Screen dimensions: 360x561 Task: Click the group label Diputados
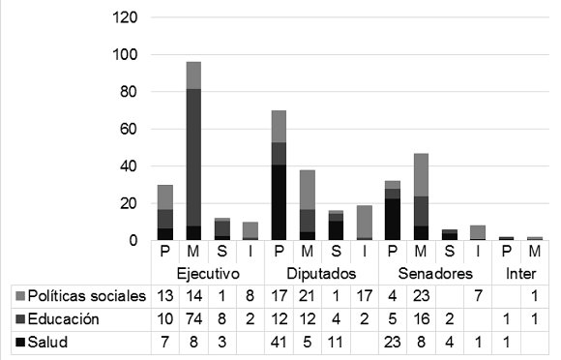coord(320,274)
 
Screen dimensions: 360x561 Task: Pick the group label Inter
coord(520,274)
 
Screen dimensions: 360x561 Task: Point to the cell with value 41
coord(278,342)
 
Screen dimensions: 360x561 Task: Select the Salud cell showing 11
coord(335,342)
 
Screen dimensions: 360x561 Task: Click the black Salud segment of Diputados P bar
coord(279,202)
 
